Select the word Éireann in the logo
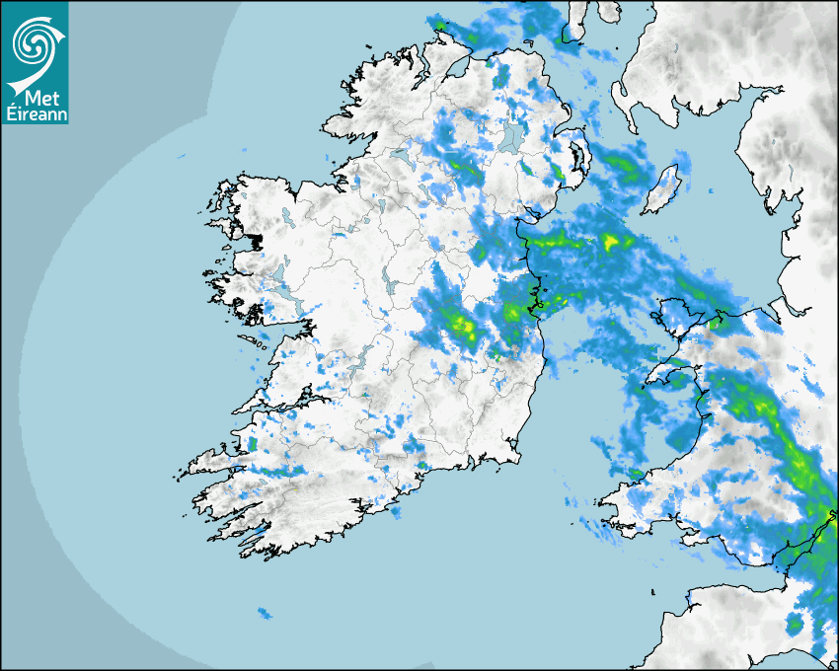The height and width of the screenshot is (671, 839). pyautogui.click(x=35, y=113)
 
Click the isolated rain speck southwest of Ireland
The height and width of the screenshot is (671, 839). pyautogui.click(x=264, y=614)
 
